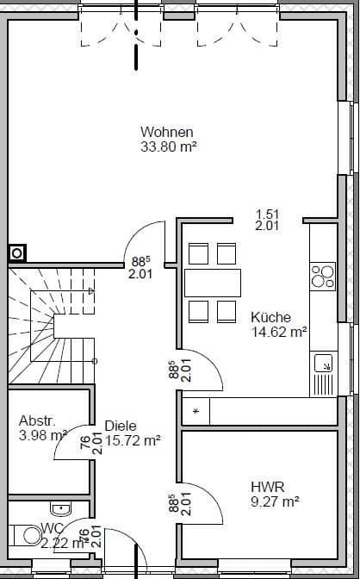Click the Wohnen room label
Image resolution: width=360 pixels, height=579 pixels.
click(166, 132)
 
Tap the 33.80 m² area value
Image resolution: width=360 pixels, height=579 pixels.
click(169, 146)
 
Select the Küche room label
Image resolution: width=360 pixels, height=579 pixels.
click(270, 316)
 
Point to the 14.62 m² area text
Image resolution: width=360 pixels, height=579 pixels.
click(279, 331)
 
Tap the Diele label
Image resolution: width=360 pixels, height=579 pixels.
click(120, 425)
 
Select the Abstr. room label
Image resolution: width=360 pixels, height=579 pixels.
click(37, 421)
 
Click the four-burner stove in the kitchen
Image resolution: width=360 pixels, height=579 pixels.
click(322, 276)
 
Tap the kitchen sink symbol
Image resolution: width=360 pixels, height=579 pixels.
click(324, 364)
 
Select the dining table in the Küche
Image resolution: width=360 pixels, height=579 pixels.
click(213, 282)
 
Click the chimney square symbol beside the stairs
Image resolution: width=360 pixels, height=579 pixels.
click(16, 253)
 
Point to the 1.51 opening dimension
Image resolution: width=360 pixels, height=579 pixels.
click(266, 214)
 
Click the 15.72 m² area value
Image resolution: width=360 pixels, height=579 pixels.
click(133, 439)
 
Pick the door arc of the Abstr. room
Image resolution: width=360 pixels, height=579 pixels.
click(79, 435)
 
